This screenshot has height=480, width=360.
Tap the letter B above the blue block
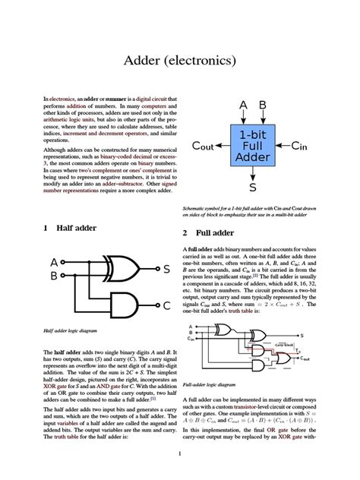pos(263,105)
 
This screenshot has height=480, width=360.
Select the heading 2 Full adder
pos(207,232)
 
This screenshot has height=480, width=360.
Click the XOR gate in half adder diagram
pos(124,268)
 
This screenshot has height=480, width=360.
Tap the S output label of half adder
pos(166,269)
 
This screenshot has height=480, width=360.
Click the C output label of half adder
pos(166,305)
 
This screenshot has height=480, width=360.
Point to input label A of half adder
pos(53,262)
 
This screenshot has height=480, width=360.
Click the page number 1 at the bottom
pos(179,454)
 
